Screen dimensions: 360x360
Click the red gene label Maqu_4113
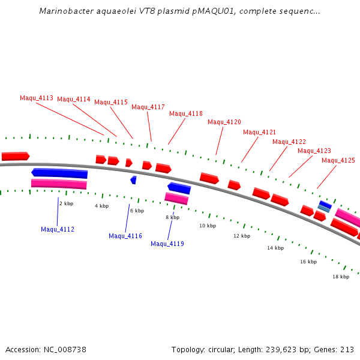point(37,98)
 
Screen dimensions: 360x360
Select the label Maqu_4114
point(74,100)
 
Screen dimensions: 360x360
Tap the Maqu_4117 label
point(148,107)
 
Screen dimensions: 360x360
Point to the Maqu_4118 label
point(186,114)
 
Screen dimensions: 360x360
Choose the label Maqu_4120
point(224,122)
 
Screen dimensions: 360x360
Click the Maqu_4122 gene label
point(289,142)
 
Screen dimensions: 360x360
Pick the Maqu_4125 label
point(338,161)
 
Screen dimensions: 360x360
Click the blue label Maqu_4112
point(58,230)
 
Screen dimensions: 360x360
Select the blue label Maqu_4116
point(125,236)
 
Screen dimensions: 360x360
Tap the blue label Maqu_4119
point(167,244)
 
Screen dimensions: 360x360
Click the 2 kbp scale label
point(66,204)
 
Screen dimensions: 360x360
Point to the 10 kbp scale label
point(208,226)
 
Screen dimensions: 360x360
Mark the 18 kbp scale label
point(341,277)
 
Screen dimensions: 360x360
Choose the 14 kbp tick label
point(275,248)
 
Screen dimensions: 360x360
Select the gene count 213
point(347,350)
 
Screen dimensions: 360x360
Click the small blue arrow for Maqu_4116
point(133,180)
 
